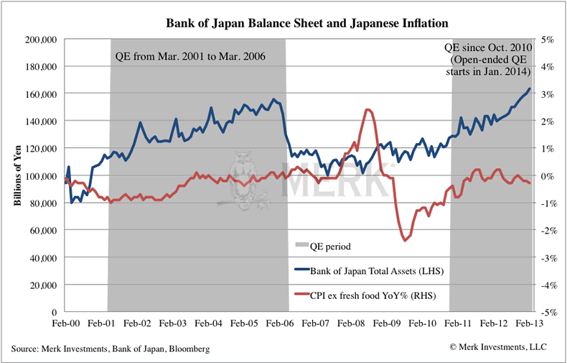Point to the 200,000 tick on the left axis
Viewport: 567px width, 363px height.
click(x=39, y=40)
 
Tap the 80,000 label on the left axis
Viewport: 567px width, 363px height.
click(x=42, y=203)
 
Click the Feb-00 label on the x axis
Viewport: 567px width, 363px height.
click(x=67, y=324)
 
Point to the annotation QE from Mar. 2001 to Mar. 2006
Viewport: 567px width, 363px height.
click(x=190, y=56)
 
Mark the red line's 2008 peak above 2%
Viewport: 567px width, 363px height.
click(x=368, y=109)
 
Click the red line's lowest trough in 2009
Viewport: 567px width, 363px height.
click(x=406, y=239)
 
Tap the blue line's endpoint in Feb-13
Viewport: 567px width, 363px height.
click(x=530, y=89)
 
